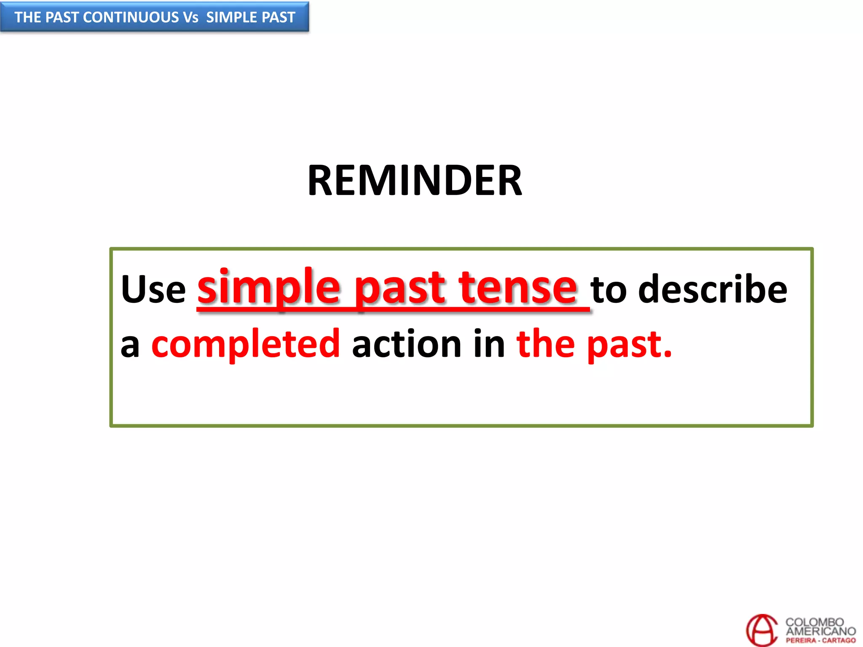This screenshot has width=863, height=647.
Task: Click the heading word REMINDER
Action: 415,181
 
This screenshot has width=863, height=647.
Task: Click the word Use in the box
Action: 153,289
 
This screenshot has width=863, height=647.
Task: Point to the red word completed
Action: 245,344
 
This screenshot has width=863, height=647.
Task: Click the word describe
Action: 712,289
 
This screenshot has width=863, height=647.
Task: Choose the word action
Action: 407,344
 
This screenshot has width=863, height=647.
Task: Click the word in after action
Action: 489,344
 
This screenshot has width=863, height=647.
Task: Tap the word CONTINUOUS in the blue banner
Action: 131,17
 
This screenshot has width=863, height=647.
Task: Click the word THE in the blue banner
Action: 28,17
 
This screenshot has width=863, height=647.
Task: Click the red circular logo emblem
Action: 761,630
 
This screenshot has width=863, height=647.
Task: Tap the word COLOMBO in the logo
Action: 814,622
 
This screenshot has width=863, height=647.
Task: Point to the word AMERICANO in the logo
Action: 820,631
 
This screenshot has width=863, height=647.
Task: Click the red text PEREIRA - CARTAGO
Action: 820,640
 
